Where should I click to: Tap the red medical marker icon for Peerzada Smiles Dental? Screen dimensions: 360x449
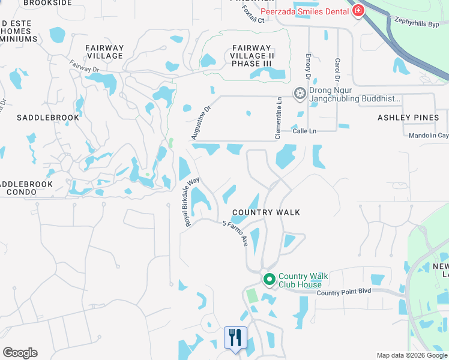click(x=358, y=10)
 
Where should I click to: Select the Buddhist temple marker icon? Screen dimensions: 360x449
click(x=299, y=94)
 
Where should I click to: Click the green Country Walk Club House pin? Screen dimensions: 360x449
click(x=270, y=280)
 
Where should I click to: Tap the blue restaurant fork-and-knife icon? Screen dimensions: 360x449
click(x=235, y=337)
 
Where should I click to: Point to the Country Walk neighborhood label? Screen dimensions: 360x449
click(x=266, y=212)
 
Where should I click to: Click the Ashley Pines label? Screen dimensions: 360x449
click(x=408, y=118)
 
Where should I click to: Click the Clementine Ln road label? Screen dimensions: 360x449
click(x=279, y=119)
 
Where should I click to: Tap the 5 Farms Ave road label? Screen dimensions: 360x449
click(x=235, y=233)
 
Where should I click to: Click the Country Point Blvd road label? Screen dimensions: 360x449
click(x=345, y=292)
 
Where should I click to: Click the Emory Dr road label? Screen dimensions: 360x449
click(x=307, y=68)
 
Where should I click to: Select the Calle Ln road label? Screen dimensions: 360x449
click(x=304, y=130)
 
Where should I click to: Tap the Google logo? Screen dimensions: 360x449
click(x=20, y=353)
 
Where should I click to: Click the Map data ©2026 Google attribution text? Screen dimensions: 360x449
click(x=412, y=355)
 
